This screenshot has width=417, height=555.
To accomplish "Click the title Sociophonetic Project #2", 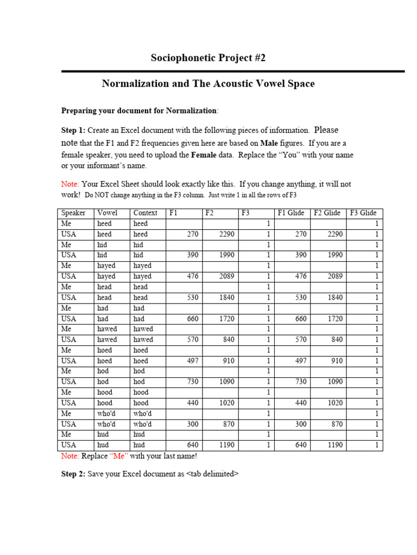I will pyautogui.click(x=208, y=58).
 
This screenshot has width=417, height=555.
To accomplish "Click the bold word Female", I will pyautogui.click(x=205, y=155).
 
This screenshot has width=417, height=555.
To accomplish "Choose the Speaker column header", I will pyautogui.click(x=73, y=213).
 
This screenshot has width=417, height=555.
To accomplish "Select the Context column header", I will pyautogui.click(x=145, y=213).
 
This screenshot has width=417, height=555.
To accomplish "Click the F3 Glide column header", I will pyautogui.click(x=363, y=213).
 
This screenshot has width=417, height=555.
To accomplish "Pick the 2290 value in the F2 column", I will pyautogui.click(x=227, y=234).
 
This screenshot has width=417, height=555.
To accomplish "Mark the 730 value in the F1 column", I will pyautogui.click(x=193, y=382).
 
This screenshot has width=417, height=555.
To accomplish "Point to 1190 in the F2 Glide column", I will pyautogui.click(x=335, y=446).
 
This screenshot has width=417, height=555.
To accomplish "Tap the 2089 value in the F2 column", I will pyautogui.click(x=227, y=276).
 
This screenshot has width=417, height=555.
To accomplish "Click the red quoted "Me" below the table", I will pyautogui.click(x=119, y=456).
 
